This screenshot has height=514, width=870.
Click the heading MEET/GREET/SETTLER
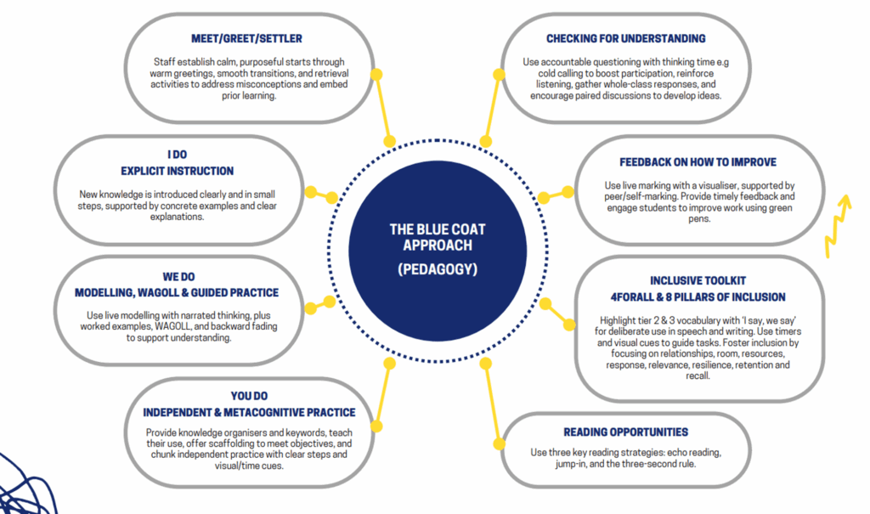pyautogui.click(x=246, y=39)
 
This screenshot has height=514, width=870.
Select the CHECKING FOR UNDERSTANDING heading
pyautogui.click(x=626, y=39)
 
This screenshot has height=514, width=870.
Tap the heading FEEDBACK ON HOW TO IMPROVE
pyautogui.click(x=698, y=162)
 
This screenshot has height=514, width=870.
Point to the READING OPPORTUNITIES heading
pyautogui.click(x=626, y=432)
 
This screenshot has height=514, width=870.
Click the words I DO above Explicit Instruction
pyautogui.click(x=177, y=155)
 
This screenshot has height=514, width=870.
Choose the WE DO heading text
pyautogui.click(x=178, y=276)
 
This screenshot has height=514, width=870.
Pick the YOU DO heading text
pyautogui.click(x=249, y=396)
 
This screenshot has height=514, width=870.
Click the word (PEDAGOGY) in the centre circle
pyautogui.click(x=438, y=269)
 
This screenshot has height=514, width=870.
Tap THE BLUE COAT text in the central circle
pyautogui.click(x=438, y=229)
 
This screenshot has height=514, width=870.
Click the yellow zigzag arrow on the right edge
pyautogui.click(x=838, y=225)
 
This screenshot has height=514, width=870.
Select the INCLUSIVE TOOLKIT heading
pyautogui.click(x=698, y=281)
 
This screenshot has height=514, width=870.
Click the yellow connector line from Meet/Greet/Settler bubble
pyautogui.click(x=383, y=108)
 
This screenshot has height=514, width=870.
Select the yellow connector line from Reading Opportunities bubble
pyautogui.click(x=493, y=404)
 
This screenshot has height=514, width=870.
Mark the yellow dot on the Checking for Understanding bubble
pyautogui.click(x=499, y=75)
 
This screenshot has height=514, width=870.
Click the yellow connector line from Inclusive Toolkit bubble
pyautogui.click(x=557, y=314)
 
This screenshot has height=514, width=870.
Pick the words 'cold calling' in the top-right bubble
pyautogui.click(x=562, y=73)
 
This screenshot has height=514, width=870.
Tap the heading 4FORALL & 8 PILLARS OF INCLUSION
pyautogui.click(x=698, y=297)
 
